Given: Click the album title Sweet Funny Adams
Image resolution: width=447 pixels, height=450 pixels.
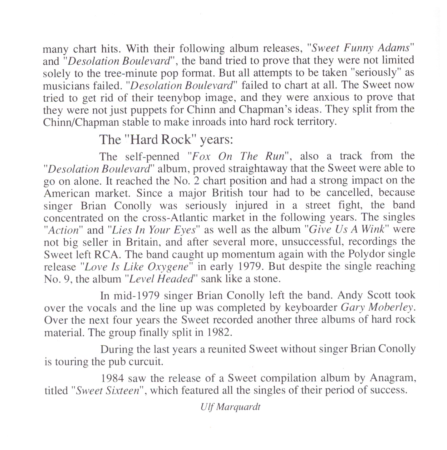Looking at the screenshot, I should coord(361,48).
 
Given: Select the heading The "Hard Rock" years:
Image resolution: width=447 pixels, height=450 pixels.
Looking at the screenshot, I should coord(166,139).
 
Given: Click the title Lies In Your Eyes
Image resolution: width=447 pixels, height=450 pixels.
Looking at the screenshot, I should coord(154,230).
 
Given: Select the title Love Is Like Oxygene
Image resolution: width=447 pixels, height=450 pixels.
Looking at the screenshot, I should coord(137,267).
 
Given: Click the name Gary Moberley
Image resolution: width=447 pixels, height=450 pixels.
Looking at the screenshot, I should coord(377,307).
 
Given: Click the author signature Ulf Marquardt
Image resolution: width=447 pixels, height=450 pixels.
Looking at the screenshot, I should coord(230,407).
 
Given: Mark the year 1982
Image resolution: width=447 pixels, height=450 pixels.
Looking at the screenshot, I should coord(219,332).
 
